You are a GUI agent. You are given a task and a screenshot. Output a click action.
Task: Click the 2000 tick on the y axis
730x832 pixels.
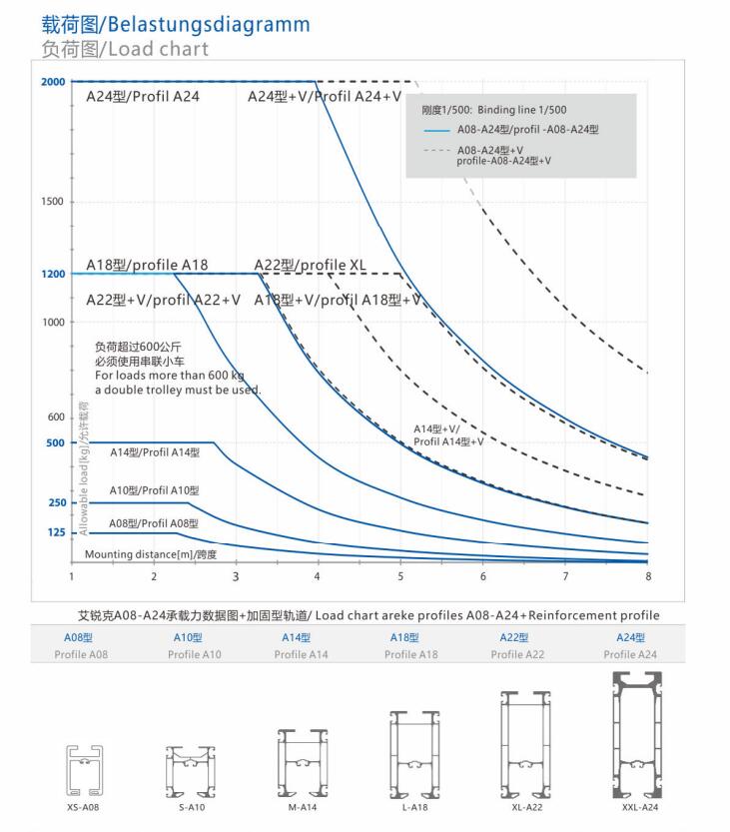[x=54, y=81]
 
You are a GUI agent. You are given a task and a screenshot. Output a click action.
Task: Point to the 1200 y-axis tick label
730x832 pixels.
[x=54, y=274]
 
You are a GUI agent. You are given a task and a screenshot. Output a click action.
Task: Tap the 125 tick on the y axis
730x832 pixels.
[x=56, y=533]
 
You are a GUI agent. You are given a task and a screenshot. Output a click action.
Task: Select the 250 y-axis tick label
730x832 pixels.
[x=56, y=502]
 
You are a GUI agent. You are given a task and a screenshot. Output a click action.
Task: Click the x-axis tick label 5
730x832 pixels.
[x=400, y=576]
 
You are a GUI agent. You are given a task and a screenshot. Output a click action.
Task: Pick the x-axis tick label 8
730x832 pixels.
[x=647, y=576]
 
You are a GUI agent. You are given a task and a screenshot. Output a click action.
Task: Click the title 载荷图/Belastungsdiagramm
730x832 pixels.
[x=176, y=23]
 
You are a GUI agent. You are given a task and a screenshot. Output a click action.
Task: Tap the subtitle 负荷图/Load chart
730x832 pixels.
[x=126, y=48]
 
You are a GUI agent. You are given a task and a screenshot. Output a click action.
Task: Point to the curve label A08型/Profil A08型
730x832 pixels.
[x=154, y=522]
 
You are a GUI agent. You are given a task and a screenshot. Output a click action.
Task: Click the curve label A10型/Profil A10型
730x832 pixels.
[x=154, y=490]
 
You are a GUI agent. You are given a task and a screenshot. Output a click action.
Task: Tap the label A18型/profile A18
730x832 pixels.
[x=147, y=265]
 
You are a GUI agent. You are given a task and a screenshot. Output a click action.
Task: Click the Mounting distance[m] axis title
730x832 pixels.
[x=150, y=553]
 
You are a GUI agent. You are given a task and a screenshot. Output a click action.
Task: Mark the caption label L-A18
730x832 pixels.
[x=410, y=807]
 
